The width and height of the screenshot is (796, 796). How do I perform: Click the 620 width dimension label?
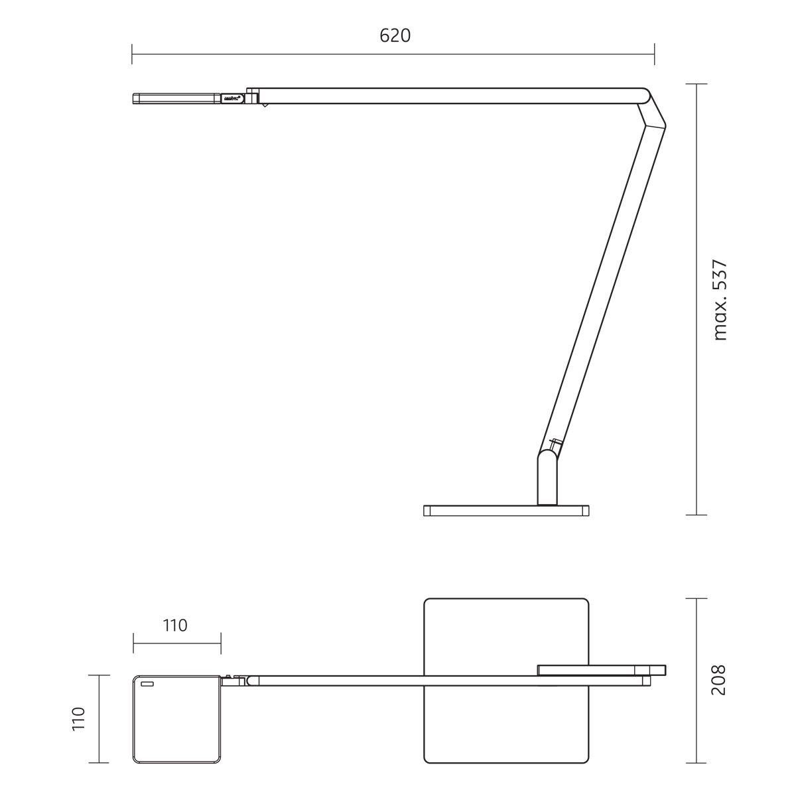[x=395, y=36]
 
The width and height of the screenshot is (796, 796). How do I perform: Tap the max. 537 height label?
[x=720, y=300]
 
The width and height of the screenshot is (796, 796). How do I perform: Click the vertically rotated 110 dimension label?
[x=78, y=719]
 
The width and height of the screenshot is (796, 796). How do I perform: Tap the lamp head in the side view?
[x=177, y=98]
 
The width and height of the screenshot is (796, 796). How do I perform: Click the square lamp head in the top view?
[x=177, y=719]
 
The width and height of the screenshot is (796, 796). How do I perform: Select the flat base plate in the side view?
[x=506, y=511]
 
